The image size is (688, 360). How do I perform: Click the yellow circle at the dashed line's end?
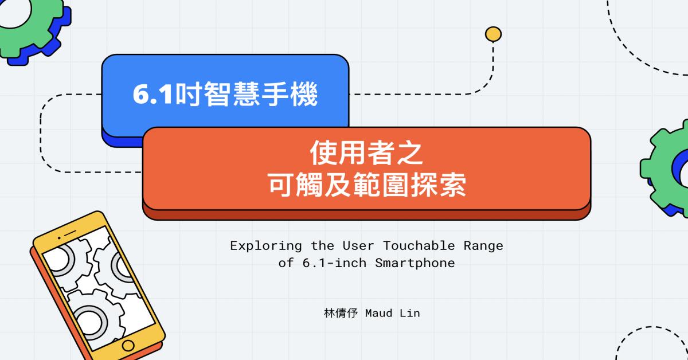pos(493,34)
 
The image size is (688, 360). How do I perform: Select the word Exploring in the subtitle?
pos(266,246)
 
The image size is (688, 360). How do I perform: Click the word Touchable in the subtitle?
pos(419,246)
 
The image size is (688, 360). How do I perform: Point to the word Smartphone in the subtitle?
pos(415,263)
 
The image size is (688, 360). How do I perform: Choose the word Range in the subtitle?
pos(483,246)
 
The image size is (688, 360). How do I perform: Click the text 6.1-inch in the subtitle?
pos(334,263)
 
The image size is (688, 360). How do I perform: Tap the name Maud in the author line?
pos(379,314)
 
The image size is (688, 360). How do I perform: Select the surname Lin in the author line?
pos(410,314)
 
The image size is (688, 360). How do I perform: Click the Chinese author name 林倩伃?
pos(341,314)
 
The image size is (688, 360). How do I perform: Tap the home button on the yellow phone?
pos(128,346)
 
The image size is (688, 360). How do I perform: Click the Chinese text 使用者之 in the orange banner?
pos(366,152)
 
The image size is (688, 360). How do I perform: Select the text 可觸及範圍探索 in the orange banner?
pos(367,185)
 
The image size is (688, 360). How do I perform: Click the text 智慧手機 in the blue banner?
pos(260,95)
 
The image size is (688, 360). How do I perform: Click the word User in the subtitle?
pos(358,246)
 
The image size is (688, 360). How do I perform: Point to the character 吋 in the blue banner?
pos(188,95)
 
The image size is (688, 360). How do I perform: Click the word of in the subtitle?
pos(286,263)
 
